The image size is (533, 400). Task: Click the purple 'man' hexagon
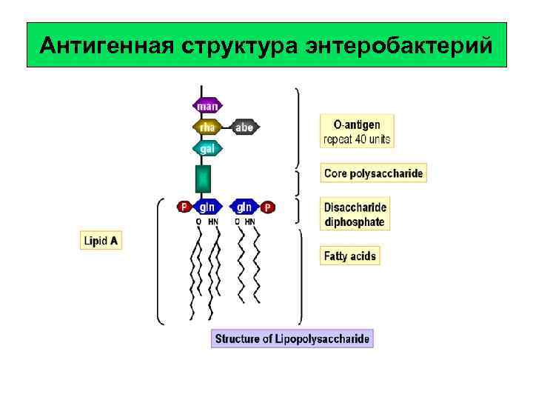(x=207, y=106)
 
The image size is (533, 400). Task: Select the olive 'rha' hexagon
(x=207, y=127)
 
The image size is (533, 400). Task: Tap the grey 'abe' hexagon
(x=244, y=127)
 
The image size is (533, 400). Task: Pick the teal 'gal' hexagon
(x=207, y=149)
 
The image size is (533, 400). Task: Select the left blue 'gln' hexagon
(x=207, y=207)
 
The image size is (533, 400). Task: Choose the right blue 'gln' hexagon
(x=244, y=207)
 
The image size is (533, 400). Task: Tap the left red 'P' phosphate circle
(x=184, y=207)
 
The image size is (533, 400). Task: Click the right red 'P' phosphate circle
(x=267, y=207)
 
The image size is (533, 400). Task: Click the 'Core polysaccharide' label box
(x=374, y=174)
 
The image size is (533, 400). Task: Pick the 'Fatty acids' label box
(x=350, y=256)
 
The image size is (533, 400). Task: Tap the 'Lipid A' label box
(x=101, y=241)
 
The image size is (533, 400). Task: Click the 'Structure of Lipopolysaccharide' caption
(x=292, y=339)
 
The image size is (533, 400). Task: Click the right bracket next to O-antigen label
(x=298, y=127)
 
